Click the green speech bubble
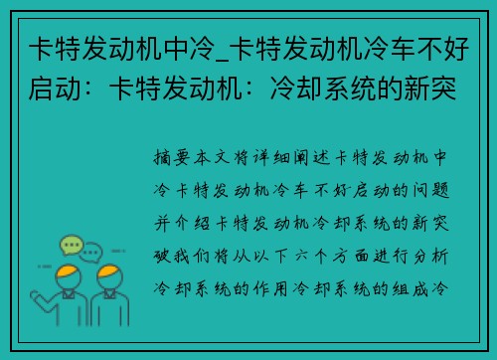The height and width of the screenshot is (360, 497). pyautogui.click(x=71, y=245)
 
